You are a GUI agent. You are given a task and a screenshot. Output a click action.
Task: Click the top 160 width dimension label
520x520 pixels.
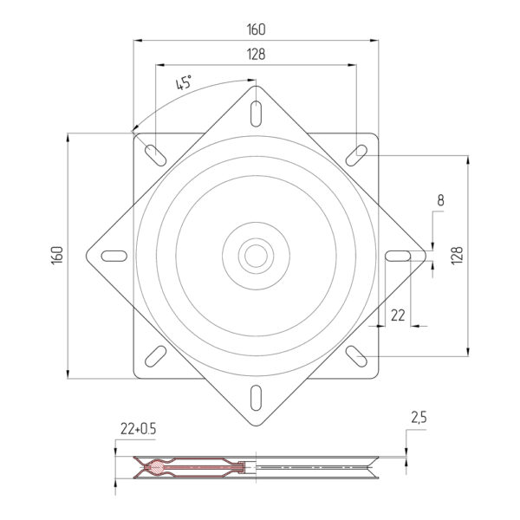256,29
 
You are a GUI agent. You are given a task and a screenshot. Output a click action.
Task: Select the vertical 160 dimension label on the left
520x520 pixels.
57,255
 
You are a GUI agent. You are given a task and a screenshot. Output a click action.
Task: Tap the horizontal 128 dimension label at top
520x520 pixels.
256,55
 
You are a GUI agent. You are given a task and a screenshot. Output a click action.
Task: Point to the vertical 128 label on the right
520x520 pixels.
457,255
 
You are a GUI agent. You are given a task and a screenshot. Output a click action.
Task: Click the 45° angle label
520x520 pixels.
184,82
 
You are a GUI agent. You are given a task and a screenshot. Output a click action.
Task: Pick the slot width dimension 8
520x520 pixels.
440,200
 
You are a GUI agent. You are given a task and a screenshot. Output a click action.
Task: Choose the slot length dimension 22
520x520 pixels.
398,315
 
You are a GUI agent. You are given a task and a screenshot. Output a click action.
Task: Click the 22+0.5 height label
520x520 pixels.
138,429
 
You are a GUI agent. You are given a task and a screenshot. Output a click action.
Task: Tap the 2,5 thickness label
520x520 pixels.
419,418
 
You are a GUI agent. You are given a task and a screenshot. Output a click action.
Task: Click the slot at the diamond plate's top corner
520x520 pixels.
256,114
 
